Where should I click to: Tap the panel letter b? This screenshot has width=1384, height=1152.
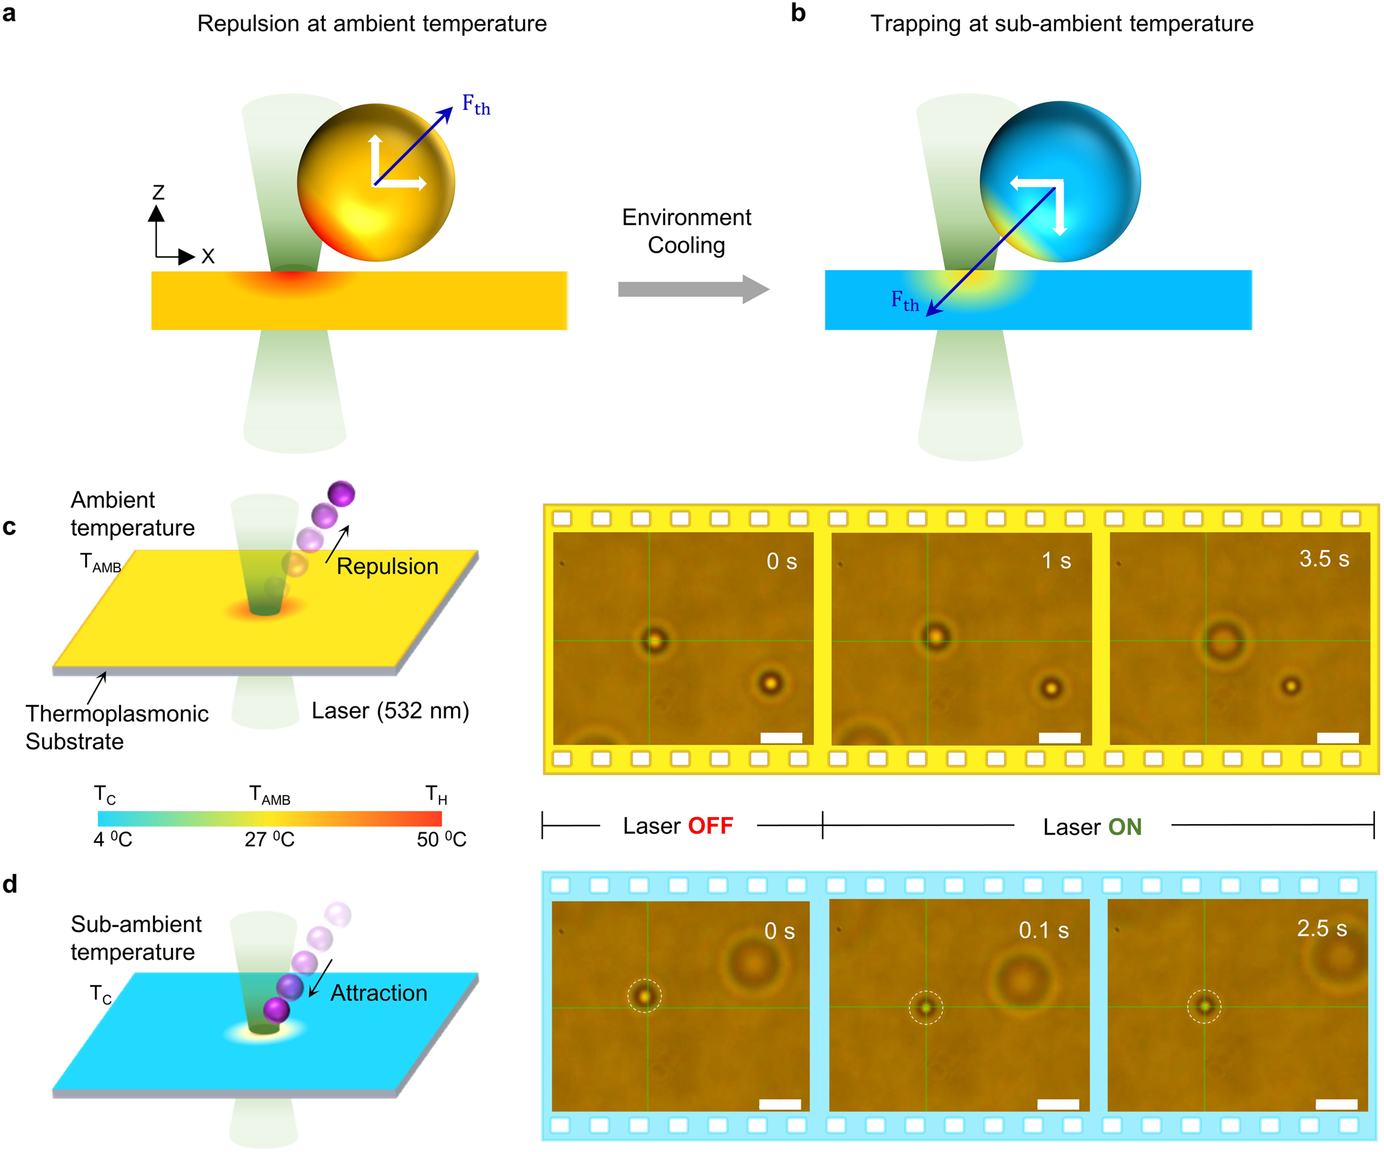[798, 13]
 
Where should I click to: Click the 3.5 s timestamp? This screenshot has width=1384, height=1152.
[1324, 558]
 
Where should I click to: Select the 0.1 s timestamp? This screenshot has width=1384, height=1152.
[1044, 931]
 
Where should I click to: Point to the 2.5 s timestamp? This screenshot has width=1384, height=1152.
[1322, 929]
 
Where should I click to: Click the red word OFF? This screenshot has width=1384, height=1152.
[710, 826]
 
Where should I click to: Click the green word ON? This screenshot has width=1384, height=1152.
[1124, 827]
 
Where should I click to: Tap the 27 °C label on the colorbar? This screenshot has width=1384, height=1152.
[269, 839]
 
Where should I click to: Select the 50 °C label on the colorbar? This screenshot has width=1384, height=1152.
[441, 839]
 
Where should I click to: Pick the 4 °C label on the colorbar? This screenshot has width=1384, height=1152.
[113, 839]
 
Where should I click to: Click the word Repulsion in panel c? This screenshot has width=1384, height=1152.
[388, 567]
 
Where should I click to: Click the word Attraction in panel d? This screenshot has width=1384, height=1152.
[379, 994]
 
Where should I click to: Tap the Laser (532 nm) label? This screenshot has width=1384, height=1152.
[390, 711]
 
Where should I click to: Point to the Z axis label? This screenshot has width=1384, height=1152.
[158, 192]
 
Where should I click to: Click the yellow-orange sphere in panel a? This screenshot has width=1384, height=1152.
[376, 183]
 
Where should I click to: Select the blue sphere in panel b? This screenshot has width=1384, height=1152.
[1059, 181]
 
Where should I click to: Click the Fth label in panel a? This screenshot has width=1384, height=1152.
[476, 105]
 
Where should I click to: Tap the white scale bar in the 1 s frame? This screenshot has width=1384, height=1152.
[1059, 738]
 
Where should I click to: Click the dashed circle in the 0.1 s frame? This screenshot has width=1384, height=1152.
[926, 1008]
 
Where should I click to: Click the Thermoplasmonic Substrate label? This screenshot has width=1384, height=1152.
[116, 727]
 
